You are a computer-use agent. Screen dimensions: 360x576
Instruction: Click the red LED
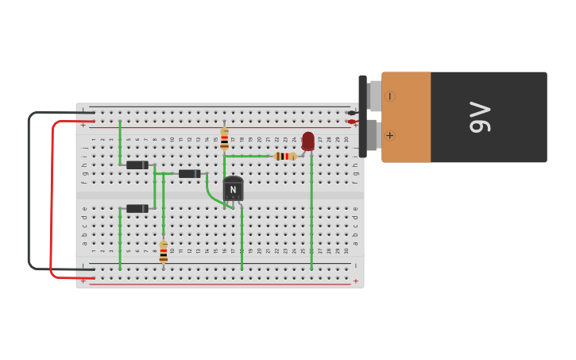point(308,141)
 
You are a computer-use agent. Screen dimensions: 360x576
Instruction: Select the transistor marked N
point(233,188)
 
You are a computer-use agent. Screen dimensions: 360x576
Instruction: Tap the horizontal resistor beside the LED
point(285,157)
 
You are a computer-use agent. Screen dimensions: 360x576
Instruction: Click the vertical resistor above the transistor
point(224,139)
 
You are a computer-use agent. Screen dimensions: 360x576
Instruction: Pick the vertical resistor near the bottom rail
point(164,252)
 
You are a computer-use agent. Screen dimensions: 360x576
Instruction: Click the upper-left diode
point(137,165)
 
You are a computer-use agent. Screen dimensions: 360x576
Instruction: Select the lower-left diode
point(137,208)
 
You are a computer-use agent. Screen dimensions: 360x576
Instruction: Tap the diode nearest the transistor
point(189,174)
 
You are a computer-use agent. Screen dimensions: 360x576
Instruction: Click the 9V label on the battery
point(481,118)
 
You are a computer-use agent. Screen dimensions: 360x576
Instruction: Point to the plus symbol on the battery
point(389,135)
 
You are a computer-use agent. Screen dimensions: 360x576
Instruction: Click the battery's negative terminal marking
point(389,96)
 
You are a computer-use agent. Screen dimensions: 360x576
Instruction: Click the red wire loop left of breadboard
point(52,199)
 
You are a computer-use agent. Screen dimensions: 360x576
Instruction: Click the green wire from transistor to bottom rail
point(242,238)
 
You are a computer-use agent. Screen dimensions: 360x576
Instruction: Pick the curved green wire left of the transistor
point(210,191)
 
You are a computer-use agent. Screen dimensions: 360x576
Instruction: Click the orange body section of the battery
point(407,118)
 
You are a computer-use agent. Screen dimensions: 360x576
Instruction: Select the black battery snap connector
point(363,117)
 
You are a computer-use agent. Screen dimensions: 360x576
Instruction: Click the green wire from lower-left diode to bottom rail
point(120,238)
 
